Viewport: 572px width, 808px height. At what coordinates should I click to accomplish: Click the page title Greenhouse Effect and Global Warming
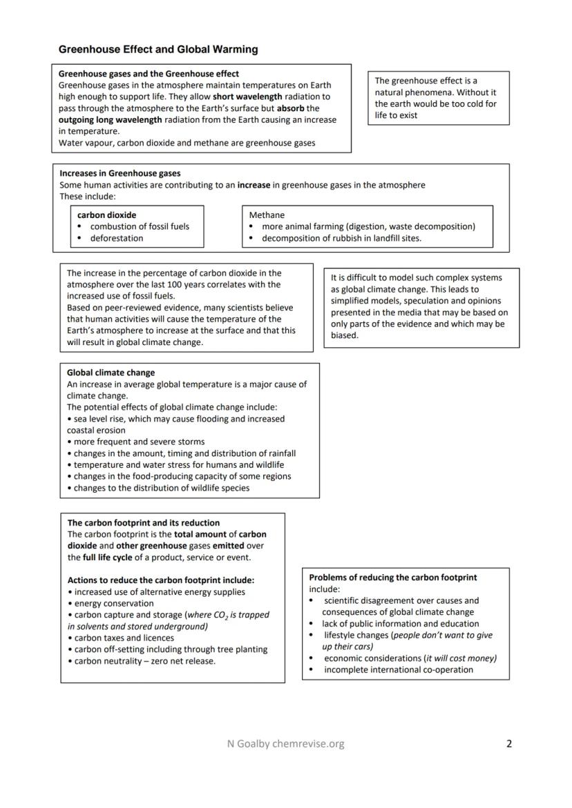(x=158, y=50)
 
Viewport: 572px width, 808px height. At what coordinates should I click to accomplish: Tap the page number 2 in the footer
(x=509, y=744)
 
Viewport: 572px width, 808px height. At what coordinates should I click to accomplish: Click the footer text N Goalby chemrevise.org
(x=285, y=744)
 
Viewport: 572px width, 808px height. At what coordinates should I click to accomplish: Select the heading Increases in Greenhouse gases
(x=120, y=173)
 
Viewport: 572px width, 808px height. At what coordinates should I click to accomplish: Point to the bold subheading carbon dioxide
(x=106, y=215)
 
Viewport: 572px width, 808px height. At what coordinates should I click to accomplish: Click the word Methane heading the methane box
(x=267, y=215)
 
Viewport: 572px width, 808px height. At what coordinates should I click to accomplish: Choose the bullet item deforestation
(x=117, y=238)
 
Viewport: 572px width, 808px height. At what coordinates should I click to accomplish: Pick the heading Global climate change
(x=111, y=373)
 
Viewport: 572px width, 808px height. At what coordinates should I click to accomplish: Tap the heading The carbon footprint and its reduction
(x=143, y=522)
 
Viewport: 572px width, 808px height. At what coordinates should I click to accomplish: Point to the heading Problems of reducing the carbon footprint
(x=392, y=577)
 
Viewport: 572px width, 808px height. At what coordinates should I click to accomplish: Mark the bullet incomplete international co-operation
(x=399, y=669)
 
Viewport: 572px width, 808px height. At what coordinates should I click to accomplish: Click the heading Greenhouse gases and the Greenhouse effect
(x=149, y=73)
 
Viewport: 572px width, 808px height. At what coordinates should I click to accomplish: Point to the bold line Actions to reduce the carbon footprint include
(x=160, y=580)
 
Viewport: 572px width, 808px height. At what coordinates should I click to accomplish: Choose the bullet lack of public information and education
(x=400, y=623)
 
